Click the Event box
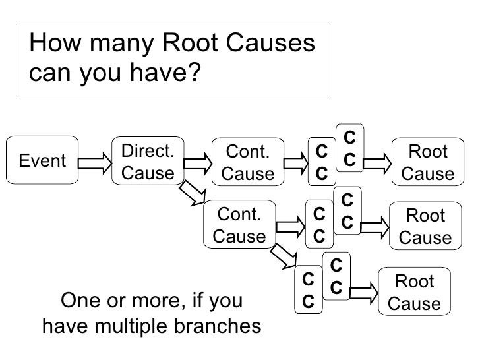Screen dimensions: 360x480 click(42, 160)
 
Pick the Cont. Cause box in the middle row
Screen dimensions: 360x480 click(239, 225)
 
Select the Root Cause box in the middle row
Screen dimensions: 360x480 click(425, 225)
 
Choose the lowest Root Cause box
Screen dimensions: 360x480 click(414, 293)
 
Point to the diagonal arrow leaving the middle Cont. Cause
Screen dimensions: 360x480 click(284, 256)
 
